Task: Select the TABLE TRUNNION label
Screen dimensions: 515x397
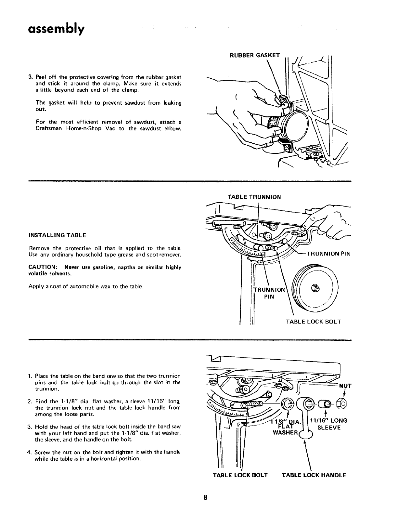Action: pos(254,197)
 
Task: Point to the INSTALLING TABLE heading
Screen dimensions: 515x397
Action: pos(58,235)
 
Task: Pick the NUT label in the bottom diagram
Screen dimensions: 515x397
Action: pos(345,386)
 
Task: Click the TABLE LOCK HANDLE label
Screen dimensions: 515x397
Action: pos(314,475)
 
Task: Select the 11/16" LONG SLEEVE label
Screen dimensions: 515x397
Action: pos(329,424)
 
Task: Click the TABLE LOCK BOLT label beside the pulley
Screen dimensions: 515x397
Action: pos(313,322)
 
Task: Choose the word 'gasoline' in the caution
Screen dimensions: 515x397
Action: pos(88,267)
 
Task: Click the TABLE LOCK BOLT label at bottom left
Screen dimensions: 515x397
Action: pos(240,475)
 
